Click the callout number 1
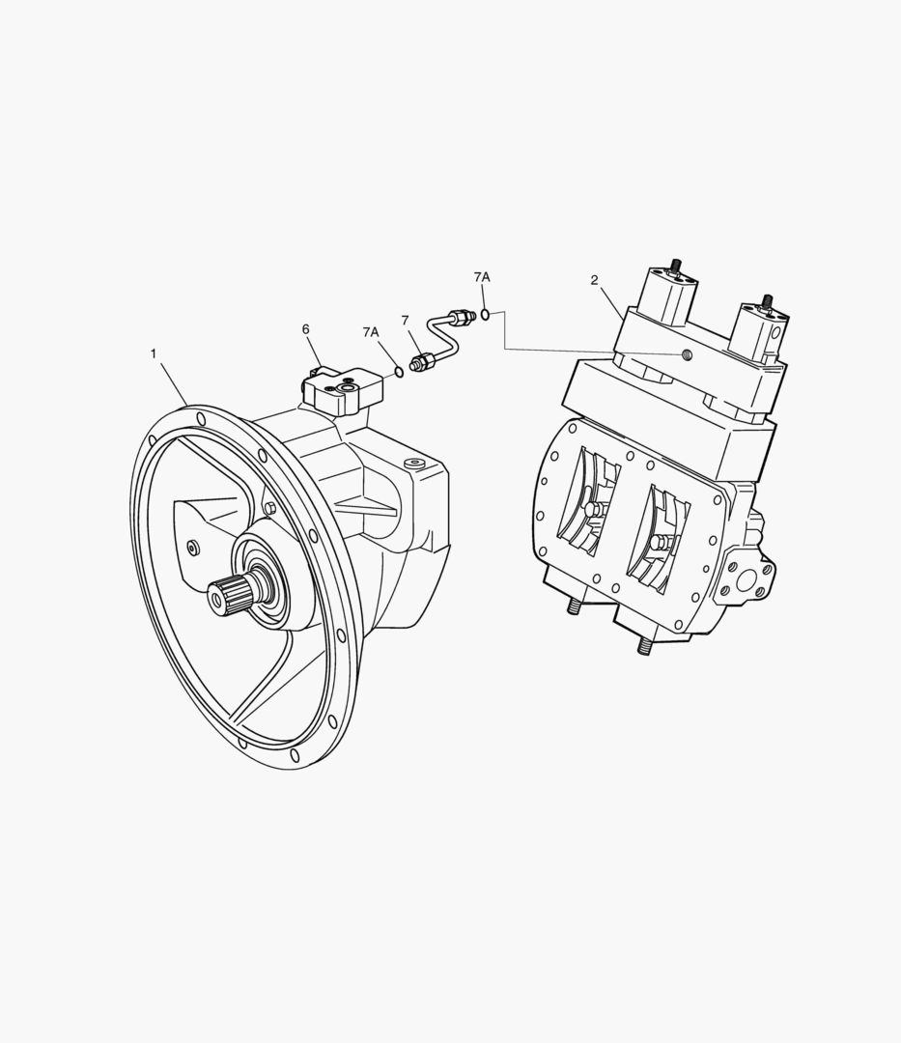click(154, 353)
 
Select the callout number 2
click(595, 280)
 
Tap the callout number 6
click(306, 329)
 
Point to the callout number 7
click(405, 321)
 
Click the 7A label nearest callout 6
click(371, 332)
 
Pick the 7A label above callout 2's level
click(482, 277)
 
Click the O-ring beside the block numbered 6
click(399, 372)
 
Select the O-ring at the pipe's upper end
click(486, 314)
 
